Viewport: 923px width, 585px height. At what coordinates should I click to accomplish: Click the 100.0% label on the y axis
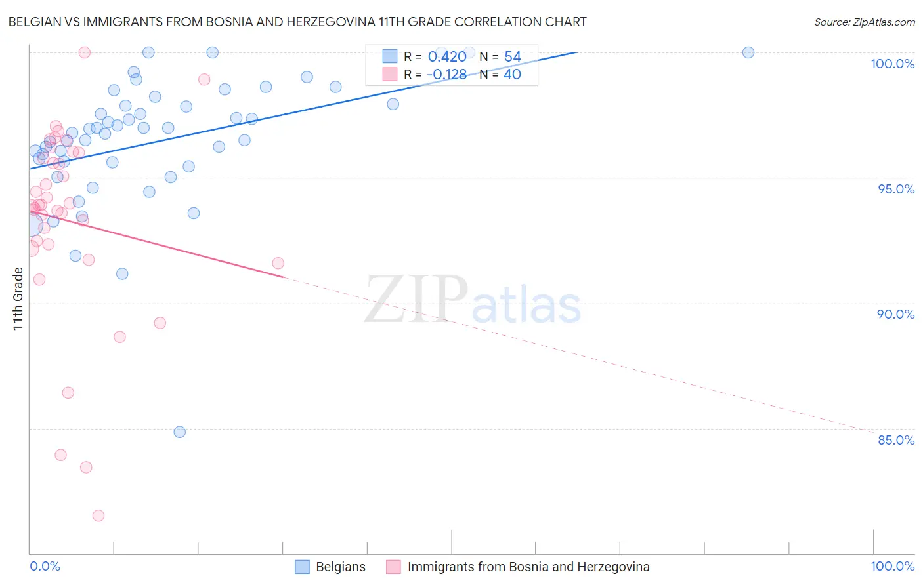click(x=892, y=64)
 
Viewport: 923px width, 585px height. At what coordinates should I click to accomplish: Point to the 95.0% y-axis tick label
click(x=895, y=189)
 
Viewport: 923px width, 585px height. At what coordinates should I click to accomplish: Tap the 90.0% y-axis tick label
click(x=895, y=314)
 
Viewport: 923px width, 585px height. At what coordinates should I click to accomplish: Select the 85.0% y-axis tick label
click(x=895, y=440)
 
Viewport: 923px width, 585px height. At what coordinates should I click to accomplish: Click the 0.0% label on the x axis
click(x=45, y=566)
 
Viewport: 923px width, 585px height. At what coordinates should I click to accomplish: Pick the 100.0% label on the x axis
click(x=892, y=566)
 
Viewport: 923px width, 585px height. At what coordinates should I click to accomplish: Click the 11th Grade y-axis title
click(x=18, y=298)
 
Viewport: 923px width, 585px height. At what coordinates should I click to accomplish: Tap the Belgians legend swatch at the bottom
click(x=302, y=567)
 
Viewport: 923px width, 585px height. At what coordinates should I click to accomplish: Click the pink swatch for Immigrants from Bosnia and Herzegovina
click(x=393, y=567)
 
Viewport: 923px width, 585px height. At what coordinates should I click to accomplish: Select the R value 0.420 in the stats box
click(x=447, y=57)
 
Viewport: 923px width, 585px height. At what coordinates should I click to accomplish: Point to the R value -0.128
click(x=446, y=75)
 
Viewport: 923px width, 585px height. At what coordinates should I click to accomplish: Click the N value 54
click(x=512, y=57)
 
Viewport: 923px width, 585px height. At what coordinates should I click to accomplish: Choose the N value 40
click(x=512, y=75)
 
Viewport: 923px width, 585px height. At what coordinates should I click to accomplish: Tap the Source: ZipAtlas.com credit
click(x=864, y=22)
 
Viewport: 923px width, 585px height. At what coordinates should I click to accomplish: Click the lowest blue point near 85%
click(x=180, y=432)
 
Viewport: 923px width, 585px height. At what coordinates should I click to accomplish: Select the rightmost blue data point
click(x=748, y=52)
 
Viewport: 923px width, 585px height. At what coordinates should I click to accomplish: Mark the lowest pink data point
click(x=98, y=515)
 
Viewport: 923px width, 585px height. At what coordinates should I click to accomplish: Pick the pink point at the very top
click(x=84, y=52)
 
